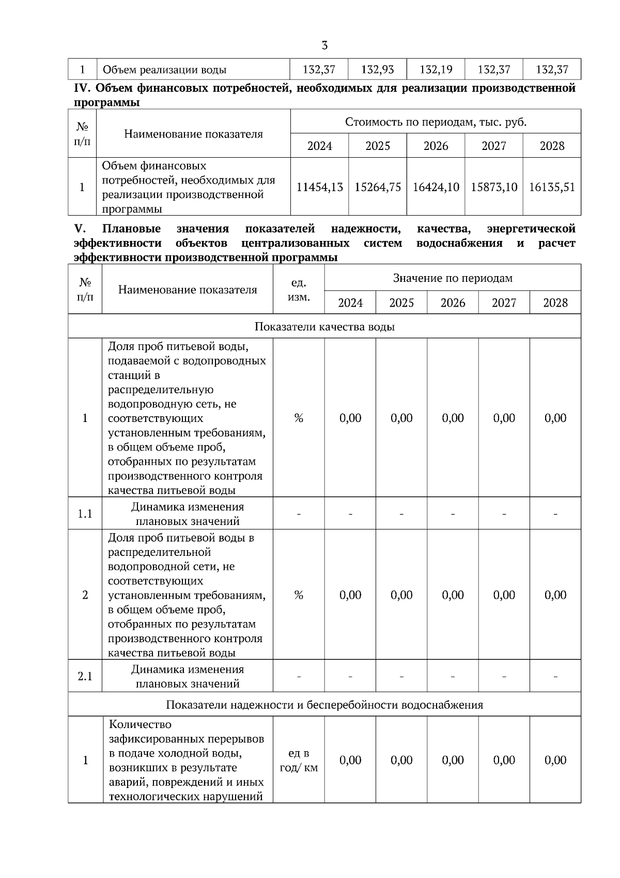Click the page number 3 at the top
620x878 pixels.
coord(324,45)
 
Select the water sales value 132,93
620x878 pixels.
coord(377,69)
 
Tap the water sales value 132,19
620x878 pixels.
coord(436,69)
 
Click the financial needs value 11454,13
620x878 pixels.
coord(319,187)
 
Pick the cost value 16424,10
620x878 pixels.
coord(436,187)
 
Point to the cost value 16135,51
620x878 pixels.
coord(552,187)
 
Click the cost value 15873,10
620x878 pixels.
coord(494,187)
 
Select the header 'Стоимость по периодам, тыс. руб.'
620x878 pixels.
coord(436,122)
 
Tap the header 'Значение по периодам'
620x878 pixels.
coord(453,278)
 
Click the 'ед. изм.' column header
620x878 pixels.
coord(299,290)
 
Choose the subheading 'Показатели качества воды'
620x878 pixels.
coord(324,327)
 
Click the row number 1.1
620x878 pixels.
coord(85,513)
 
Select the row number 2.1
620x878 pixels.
coord(85,676)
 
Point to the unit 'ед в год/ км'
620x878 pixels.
coord(299,761)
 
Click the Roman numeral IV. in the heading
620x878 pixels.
coord(83,88)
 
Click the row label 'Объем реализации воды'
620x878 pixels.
coord(164,70)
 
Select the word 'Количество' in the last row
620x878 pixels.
coord(140,724)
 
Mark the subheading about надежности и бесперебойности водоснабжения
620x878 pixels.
coord(324,705)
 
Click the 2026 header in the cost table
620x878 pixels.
coord(436,146)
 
